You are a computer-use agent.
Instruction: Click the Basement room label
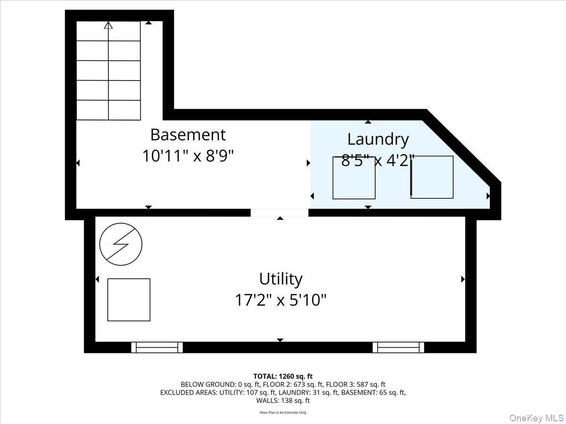click(188, 135)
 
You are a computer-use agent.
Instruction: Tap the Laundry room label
click(378, 139)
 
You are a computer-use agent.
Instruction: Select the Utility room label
click(281, 279)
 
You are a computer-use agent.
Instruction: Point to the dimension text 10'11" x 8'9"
click(188, 156)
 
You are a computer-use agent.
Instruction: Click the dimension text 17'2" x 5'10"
click(281, 300)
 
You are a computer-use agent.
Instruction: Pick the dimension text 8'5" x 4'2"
click(378, 160)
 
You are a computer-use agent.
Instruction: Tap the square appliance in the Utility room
click(129, 300)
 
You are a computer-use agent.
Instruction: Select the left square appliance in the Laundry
click(354, 178)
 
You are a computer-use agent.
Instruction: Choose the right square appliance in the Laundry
click(432, 177)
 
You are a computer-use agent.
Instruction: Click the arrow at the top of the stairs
click(108, 25)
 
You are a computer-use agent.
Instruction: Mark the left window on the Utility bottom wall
click(157, 348)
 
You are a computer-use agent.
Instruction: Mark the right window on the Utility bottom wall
click(398, 348)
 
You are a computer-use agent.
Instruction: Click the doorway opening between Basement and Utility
click(279, 213)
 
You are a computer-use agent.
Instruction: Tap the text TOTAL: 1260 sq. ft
click(283, 376)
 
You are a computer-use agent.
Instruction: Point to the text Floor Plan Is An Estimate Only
click(283, 413)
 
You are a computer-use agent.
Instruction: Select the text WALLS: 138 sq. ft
click(283, 400)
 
